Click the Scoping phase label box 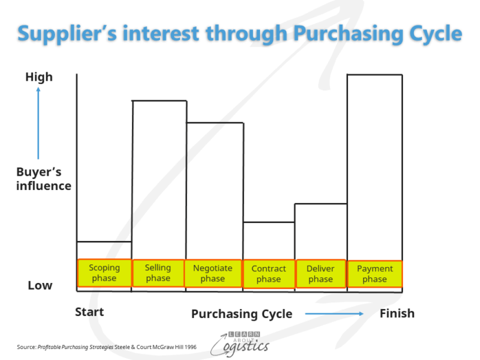(104, 273)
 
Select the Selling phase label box (158, 273)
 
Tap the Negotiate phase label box (212, 273)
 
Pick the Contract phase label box (268, 274)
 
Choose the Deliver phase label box (320, 274)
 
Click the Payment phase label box (375, 274)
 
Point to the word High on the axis (39, 77)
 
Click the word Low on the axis (40, 285)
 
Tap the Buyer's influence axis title (43, 179)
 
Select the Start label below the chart (89, 313)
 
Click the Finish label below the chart (397, 313)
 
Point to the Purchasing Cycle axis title (241, 314)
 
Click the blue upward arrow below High (38, 123)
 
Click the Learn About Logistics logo (240, 343)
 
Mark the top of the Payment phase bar (375, 75)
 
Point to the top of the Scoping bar (104, 242)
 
